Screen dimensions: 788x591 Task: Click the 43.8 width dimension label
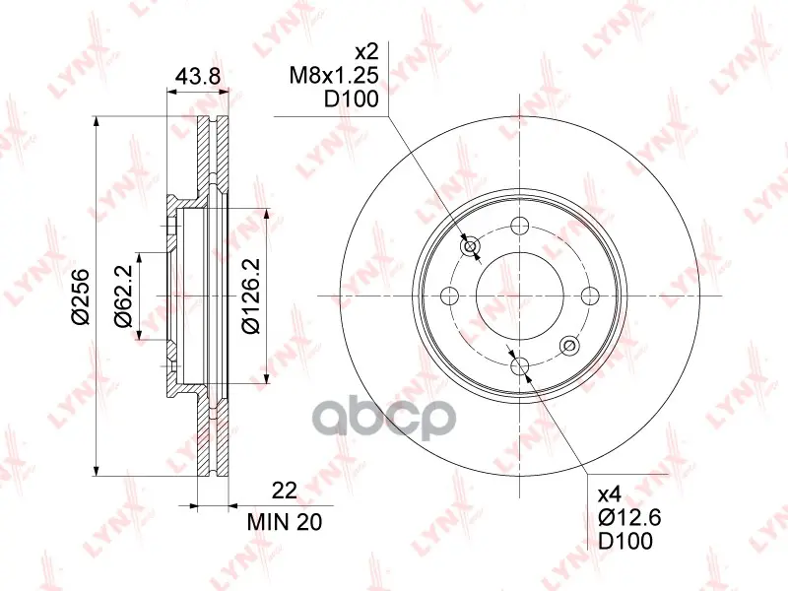198,76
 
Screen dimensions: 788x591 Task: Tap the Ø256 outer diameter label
80,297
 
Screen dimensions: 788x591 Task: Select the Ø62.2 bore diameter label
124,296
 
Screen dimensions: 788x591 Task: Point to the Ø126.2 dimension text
251,296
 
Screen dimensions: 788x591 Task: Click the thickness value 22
285,490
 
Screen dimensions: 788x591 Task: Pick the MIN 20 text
285,522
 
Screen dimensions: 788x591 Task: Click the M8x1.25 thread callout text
334,76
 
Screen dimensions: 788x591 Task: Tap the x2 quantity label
365,52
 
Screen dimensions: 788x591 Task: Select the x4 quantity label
610,495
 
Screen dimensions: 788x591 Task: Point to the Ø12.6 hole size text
629,518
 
